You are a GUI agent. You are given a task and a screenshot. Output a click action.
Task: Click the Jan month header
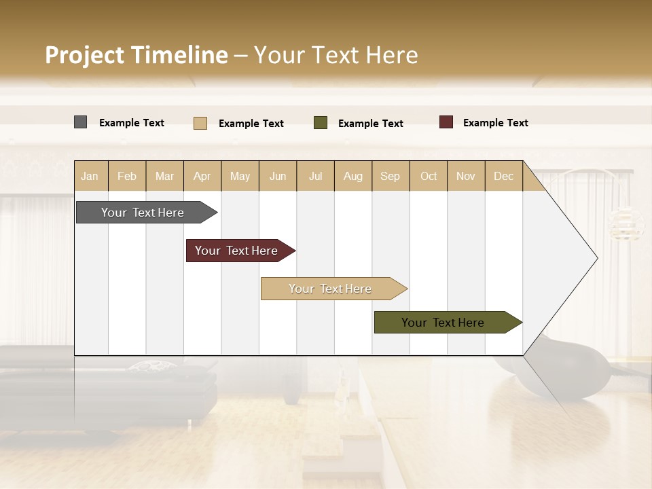pos(90,176)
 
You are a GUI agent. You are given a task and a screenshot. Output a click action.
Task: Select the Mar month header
pos(164,176)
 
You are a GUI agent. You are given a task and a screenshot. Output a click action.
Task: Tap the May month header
pos(240,176)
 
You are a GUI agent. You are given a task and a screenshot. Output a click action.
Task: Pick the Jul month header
pos(315,176)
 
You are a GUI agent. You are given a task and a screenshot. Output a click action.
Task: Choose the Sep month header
pos(390,176)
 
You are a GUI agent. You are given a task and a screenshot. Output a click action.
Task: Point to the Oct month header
pos(429,176)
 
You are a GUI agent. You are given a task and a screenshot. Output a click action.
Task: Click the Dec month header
pos(503,176)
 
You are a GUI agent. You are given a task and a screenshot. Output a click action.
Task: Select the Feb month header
pos(127,176)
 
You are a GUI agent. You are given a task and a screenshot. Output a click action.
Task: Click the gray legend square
pos(80,122)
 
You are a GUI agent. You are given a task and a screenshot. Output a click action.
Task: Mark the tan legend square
pos(200,123)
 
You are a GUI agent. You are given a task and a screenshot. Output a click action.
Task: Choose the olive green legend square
pos(321,123)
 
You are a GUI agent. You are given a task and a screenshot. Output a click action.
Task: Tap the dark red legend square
pos(446,122)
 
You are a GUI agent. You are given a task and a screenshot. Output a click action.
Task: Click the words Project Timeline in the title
pos(137,55)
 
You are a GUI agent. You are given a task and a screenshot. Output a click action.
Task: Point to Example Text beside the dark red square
pos(495,123)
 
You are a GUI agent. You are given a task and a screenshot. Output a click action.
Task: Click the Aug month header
pos(352,176)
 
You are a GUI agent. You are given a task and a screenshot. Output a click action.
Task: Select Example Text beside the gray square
pos(132,123)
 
